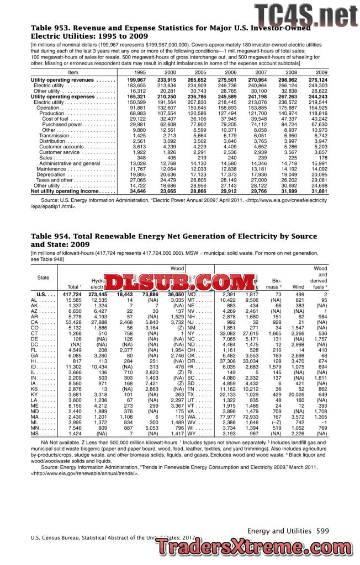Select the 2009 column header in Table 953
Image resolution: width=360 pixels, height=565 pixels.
[321, 72]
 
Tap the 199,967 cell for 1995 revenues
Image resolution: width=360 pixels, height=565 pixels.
[136, 80]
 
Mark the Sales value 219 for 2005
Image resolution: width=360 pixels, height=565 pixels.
[201, 157]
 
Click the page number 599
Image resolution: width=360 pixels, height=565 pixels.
[323, 530]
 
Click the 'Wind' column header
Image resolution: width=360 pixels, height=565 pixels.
[298, 286]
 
